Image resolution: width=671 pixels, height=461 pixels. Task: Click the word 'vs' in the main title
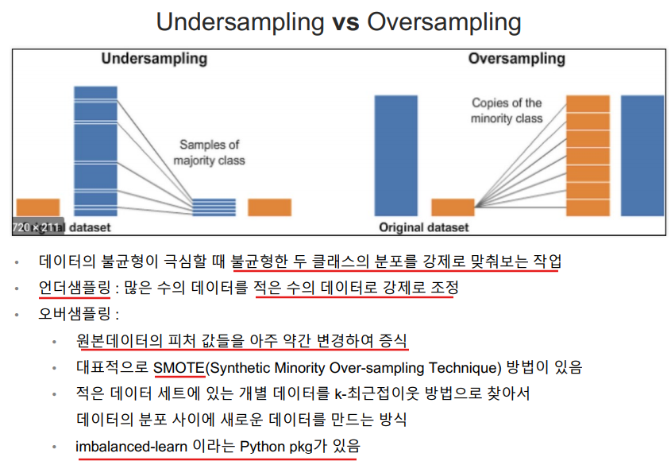coord(345,21)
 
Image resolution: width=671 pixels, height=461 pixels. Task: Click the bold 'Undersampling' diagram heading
coord(155,59)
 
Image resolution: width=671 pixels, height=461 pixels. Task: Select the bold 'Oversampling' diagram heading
coord(516,59)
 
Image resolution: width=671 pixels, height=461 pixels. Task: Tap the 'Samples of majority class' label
coord(210,153)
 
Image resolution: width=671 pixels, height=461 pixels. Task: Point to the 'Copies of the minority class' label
coord(507,110)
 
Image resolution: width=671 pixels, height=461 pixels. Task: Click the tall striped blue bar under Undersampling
coord(95,151)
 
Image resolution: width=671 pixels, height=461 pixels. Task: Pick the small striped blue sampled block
coord(214,207)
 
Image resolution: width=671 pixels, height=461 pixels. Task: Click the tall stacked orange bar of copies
coord(588,156)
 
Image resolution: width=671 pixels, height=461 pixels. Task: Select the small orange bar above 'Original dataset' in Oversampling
coord(453,207)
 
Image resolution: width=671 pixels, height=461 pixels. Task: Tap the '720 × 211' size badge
coord(37,227)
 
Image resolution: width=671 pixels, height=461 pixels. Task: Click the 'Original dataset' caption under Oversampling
coord(424,227)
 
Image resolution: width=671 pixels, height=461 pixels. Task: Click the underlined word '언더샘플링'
coord(75,288)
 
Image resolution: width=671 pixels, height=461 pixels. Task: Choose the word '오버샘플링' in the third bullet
coord(75,314)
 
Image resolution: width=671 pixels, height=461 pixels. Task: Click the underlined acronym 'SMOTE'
coord(179,367)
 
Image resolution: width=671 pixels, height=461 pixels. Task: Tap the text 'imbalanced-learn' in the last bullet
coord(131,447)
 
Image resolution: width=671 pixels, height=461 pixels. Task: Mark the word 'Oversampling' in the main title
coord(444,22)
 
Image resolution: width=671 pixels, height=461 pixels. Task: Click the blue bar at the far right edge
coord(642,156)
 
